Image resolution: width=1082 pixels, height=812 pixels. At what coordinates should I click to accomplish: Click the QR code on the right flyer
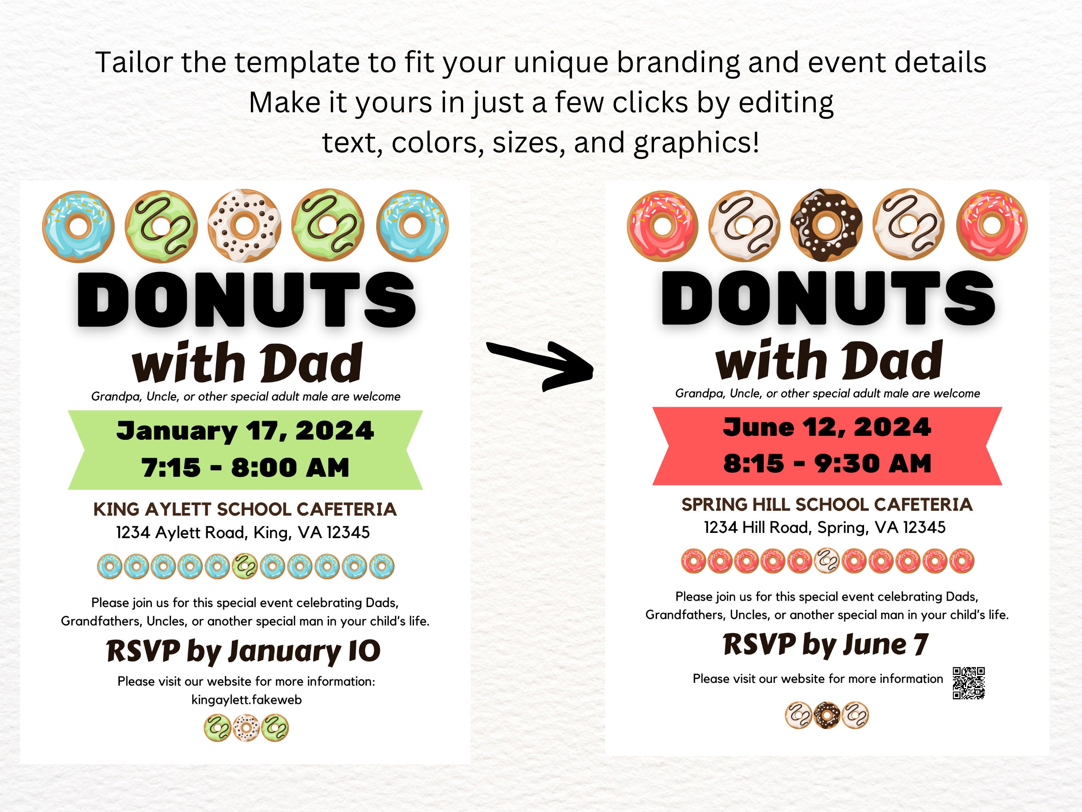point(969,683)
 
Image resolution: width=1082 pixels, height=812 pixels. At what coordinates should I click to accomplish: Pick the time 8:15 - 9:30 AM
point(827,463)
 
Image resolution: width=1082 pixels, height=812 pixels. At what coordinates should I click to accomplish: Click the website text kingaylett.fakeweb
point(246,700)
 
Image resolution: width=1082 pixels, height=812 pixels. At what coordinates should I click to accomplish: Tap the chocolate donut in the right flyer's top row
point(826,225)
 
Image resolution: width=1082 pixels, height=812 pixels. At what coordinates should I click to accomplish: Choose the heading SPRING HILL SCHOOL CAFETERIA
point(827,504)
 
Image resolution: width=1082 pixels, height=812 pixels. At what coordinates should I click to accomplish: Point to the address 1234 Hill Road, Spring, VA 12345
point(825,528)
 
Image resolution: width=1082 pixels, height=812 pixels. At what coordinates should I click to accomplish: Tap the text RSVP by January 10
point(243,652)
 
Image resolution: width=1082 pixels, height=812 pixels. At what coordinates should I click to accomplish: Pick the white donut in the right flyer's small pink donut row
point(827,561)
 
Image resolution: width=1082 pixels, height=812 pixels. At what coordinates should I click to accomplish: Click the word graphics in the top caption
point(696,143)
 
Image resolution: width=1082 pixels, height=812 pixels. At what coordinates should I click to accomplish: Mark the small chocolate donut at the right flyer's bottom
point(827,716)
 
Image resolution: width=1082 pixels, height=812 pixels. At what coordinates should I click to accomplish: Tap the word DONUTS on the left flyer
point(246,300)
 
